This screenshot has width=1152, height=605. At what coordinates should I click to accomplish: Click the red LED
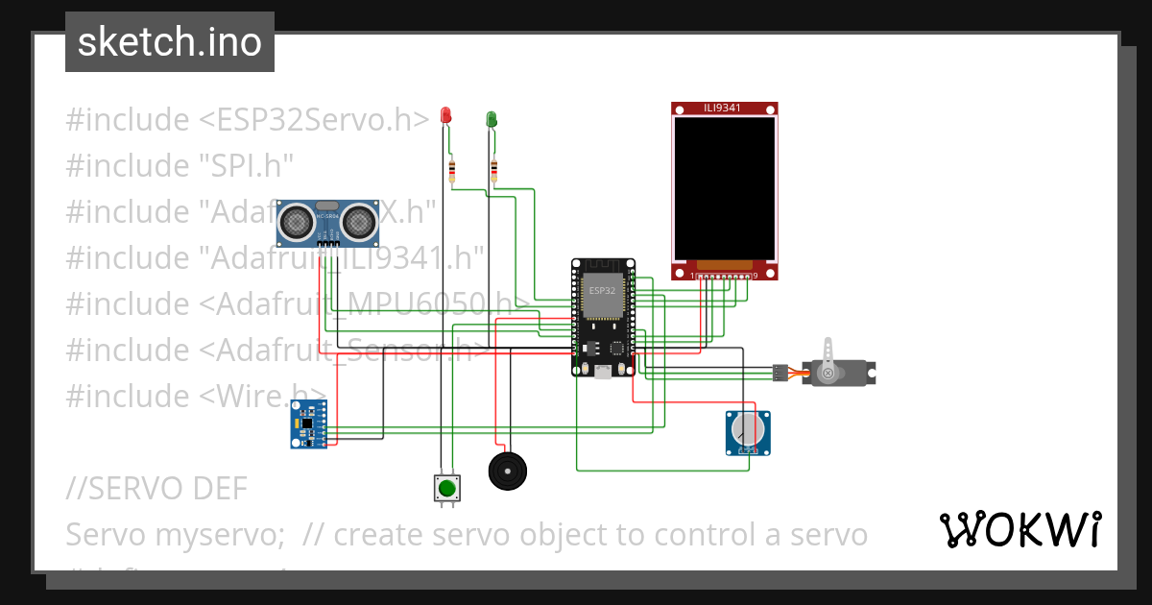(444, 115)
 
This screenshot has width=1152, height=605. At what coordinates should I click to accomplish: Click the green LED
(492, 118)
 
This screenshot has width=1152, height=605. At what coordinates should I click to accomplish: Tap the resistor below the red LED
(452, 172)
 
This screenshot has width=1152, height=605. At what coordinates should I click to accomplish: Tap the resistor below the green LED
(493, 171)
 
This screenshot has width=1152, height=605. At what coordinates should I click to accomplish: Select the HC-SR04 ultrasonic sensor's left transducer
(296, 223)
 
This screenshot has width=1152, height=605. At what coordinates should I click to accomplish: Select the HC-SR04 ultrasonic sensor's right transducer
(359, 223)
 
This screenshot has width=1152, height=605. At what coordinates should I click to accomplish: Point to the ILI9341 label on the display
(723, 108)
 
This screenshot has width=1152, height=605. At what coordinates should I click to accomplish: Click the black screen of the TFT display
(723, 188)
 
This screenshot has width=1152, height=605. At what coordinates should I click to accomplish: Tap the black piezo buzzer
(507, 471)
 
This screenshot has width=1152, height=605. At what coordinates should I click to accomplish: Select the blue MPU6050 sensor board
(308, 423)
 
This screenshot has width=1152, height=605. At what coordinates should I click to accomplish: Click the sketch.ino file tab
(170, 42)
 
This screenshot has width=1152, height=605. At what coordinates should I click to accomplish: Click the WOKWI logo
(1020, 529)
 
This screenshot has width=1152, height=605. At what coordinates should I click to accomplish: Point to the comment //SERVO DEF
(156, 489)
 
